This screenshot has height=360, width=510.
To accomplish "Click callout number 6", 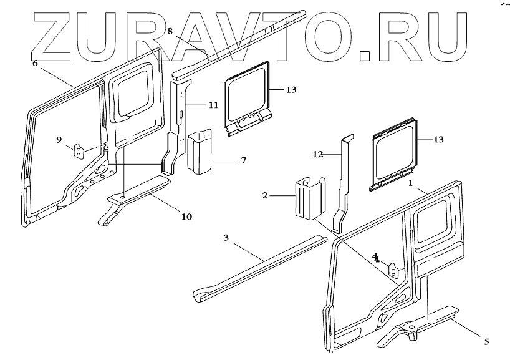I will (x=35, y=63).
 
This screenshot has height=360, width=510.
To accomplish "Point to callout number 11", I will (x=213, y=105).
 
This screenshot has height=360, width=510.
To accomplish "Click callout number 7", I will (x=243, y=160).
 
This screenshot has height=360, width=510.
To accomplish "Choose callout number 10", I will (x=186, y=216).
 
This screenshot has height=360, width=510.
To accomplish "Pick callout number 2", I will (x=265, y=196).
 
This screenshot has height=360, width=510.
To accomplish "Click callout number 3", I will (x=226, y=238).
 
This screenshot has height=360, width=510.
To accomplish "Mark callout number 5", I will (x=486, y=341).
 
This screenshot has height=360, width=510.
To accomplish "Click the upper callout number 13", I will (x=291, y=90).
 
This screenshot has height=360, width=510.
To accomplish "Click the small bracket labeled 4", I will (x=394, y=270).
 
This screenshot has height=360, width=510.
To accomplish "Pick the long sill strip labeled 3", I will (x=262, y=265).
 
